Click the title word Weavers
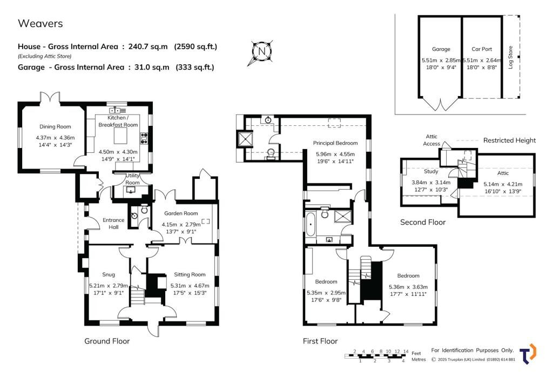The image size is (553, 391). coord(41,23)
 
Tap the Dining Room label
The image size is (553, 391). coord(55,126)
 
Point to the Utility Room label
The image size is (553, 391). coord(132,179)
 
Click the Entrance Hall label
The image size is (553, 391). coord(113,223)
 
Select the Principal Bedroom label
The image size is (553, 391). coord(335,143)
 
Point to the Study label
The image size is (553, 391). coord(431,172)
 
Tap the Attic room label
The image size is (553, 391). coord(503,173)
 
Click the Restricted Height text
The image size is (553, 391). coord(509,140)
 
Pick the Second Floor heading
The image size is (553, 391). coord(422,222)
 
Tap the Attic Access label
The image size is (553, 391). coord(431,140)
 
